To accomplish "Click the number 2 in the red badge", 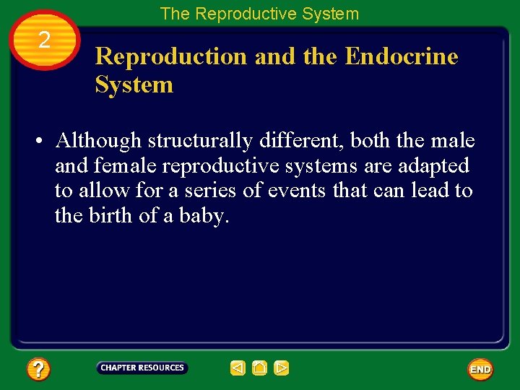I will pyautogui.click(x=44, y=40).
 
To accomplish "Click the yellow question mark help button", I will pyautogui.click(x=38, y=370).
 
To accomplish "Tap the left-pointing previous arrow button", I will pyautogui.click(x=238, y=368).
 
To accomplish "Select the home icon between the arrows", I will pyautogui.click(x=260, y=368).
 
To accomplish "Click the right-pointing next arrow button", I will pyautogui.click(x=282, y=368).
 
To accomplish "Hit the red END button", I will pyautogui.click(x=480, y=369).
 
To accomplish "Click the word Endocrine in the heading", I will pyautogui.click(x=402, y=56).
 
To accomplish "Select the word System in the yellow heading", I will pyautogui.click(x=134, y=84).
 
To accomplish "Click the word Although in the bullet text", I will pyautogui.click(x=98, y=140).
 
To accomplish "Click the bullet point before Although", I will pyautogui.click(x=40, y=141).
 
